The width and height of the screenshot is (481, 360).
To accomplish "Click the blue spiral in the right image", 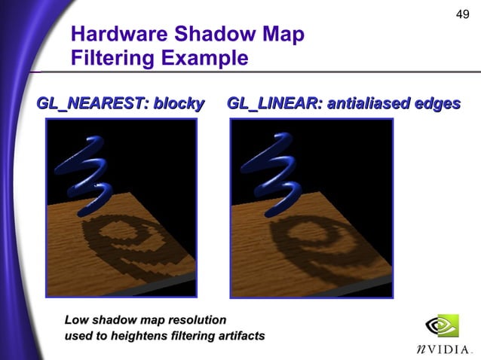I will (276, 172).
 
